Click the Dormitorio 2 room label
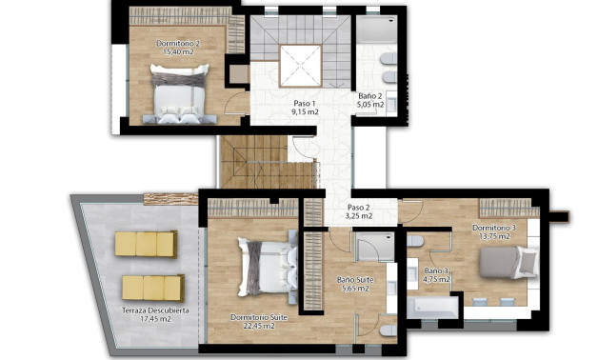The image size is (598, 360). pos(176,44)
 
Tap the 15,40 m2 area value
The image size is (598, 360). pos(176,53)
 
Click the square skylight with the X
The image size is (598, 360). pos(304,65)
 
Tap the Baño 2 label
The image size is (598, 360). pos(371,96)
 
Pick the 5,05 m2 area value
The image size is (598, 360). pos(371,106)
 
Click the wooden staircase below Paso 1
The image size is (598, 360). pos(255,162)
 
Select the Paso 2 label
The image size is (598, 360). pos(359,207)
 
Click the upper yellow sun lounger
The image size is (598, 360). pos(146,244)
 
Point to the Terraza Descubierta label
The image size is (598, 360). pos(154,310)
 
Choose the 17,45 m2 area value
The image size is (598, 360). pos(154,320)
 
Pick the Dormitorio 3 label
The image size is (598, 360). pos(494,229)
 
